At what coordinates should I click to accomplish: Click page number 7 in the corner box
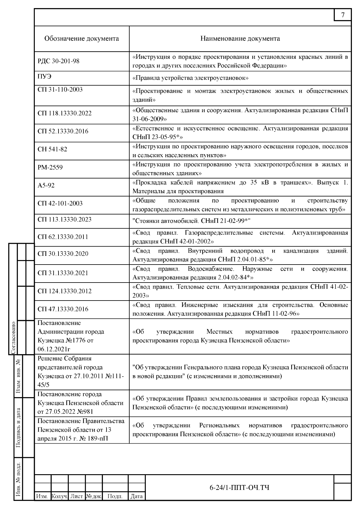pyautogui.click(x=343, y=15)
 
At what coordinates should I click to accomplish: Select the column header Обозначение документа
pyautogui.click(x=82, y=38)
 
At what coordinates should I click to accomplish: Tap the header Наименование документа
pyautogui.click(x=240, y=38)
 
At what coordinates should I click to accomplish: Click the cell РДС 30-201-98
pyautogui.click(x=58, y=61)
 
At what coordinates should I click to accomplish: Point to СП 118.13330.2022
pyautogui.click(x=64, y=113)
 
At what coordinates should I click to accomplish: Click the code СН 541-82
pyautogui.click(x=52, y=149)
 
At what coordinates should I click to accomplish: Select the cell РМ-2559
pyautogui.click(x=50, y=167)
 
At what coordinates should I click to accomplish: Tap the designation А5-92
pyautogui.click(x=46, y=185)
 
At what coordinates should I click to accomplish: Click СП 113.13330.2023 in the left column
pyautogui.click(x=64, y=220)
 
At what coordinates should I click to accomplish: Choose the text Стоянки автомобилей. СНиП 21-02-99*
pyautogui.click(x=191, y=221)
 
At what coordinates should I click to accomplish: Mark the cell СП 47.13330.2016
pyautogui.click(x=63, y=309)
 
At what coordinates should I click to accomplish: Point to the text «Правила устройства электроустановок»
pyautogui.click(x=190, y=78)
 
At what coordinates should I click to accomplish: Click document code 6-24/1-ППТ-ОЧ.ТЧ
pyautogui.click(x=239, y=487)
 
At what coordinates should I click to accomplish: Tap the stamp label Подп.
pyautogui.click(x=115, y=496)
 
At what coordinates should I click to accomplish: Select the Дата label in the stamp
pyautogui.click(x=136, y=496)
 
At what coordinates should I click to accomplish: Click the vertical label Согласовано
pyautogui.click(x=13, y=337)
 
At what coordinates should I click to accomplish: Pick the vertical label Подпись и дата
pyautogui.click(x=18, y=427)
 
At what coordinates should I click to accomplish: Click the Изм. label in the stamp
pyautogui.click(x=42, y=496)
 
